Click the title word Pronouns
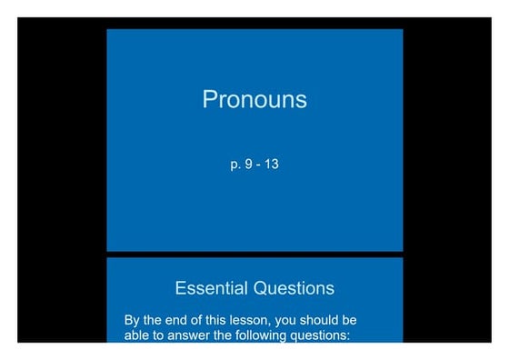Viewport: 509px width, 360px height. tap(254, 99)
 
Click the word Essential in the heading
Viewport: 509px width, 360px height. tap(210, 288)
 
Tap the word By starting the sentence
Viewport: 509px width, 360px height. tap(133, 321)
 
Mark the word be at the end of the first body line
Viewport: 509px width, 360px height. tap(351, 321)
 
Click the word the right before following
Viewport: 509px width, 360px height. tap(223, 335)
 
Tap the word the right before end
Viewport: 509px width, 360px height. tap(156, 321)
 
